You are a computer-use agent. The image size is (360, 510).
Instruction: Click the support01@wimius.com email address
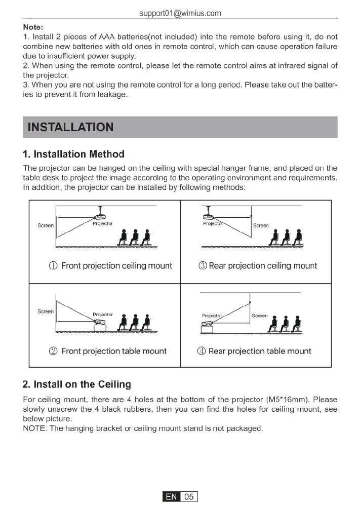tap(180, 13)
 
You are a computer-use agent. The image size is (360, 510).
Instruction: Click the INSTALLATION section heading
tap(70, 127)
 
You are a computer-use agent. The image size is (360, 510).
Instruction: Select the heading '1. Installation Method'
tap(73, 154)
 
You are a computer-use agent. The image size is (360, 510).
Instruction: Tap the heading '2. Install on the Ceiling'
tap(77, 384)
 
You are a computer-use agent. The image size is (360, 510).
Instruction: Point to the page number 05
tap(189, 497)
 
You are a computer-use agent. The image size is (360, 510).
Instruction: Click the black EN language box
tap(172, 497)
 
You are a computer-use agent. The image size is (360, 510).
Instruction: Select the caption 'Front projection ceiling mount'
tap(116, 266)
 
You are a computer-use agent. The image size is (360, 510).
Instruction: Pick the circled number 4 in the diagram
tap(201, 351)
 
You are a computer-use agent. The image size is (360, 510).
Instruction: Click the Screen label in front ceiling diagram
tap(46, 225)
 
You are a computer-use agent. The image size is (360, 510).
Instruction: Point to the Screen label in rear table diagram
tap(260, 316)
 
